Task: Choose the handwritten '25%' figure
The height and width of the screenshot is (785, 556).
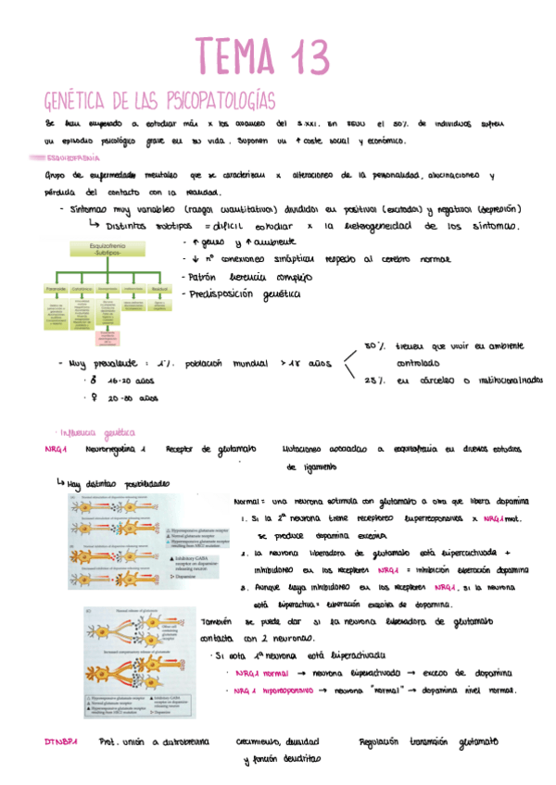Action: [374, 380]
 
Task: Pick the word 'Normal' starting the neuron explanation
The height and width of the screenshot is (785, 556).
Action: [248, 499]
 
